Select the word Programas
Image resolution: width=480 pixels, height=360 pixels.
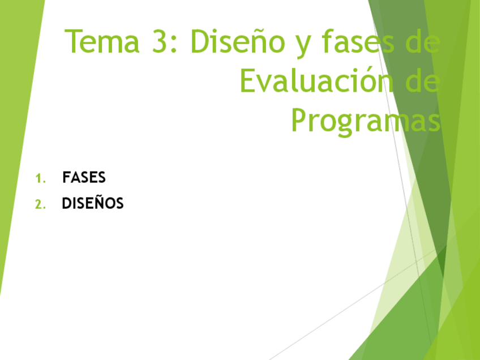(365, 121)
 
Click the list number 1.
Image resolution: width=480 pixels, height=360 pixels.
(38, 179)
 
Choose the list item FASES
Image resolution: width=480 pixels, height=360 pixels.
(84, 178)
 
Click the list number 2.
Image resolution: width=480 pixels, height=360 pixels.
(39, 204)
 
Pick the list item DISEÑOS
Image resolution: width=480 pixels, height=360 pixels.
(93, 203)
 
